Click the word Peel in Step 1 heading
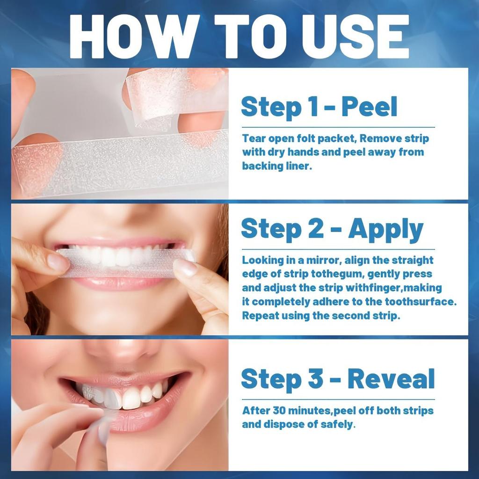(x=369, y=107)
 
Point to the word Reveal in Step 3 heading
(x=391, y=379)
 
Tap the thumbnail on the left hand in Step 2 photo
(x=58, y=262)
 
